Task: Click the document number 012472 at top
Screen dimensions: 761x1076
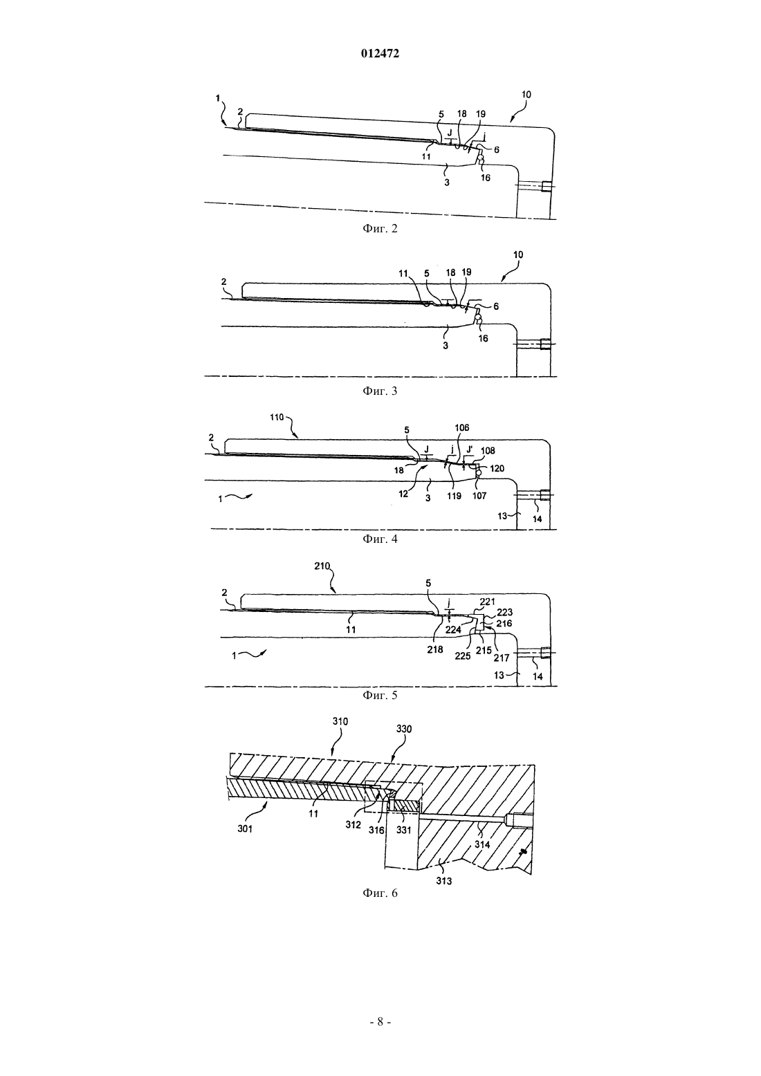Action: pos(380,54)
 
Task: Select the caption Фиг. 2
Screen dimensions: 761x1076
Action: pos(380,229)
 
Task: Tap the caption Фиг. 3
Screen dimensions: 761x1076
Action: pos(380,391)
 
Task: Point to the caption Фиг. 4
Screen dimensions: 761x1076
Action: pos(380,539)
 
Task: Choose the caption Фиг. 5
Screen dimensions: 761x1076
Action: pos(380,695)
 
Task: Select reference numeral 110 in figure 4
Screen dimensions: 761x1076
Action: pos(277,417)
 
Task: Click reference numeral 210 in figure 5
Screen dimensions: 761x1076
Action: pos(322,566)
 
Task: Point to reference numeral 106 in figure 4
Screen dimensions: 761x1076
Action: pos(461,427)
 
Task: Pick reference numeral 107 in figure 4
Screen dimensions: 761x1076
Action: pos(479,496)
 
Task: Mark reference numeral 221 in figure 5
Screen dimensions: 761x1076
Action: pos(487,602)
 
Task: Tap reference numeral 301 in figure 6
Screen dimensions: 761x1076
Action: pos(245,828)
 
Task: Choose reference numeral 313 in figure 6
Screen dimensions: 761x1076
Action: pos(444,881)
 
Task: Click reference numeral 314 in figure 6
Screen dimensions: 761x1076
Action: pos(482,844)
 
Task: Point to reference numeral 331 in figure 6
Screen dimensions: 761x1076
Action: pos(403,830)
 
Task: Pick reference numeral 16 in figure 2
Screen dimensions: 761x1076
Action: pos(486,178)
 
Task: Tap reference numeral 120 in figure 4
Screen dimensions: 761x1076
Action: pos(497,468)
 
